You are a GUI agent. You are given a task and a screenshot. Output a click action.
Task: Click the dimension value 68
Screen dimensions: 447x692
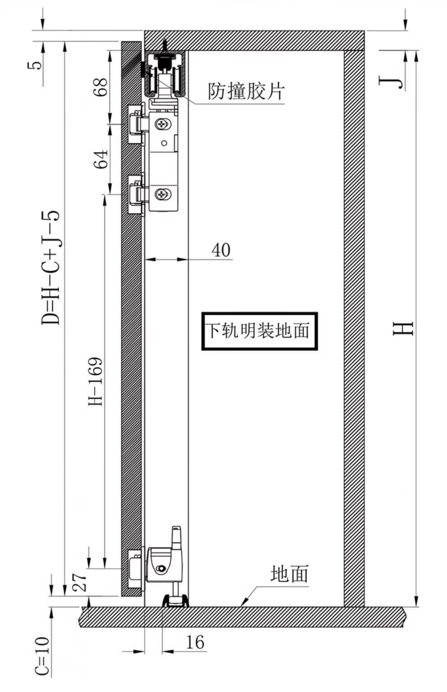[101, 87]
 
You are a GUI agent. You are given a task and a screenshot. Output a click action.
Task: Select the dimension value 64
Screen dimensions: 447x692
[101, 159]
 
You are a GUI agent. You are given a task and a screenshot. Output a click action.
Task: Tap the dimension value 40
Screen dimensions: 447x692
[221, 250]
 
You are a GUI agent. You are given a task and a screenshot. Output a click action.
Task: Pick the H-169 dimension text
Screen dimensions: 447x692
[95, 381]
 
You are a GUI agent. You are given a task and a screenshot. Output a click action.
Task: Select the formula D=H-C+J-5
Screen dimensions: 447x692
[50, 267]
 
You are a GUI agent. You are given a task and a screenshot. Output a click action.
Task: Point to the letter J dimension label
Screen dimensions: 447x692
[391, 83]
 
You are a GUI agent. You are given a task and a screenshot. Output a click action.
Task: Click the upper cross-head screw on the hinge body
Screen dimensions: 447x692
[162, 125]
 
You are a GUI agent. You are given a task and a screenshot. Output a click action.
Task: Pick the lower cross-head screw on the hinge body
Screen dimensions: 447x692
[162, 194]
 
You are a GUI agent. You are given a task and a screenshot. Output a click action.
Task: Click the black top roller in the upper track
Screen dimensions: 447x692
[163, 64]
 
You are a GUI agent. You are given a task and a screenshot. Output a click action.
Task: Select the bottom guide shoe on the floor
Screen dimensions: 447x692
[175, 600]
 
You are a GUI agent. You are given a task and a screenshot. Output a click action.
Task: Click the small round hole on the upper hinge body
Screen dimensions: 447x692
[164, 143]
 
